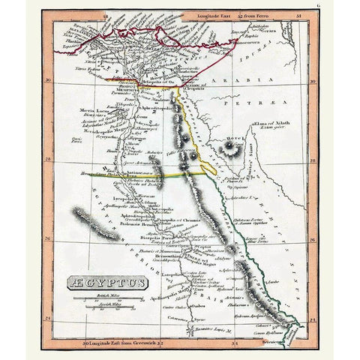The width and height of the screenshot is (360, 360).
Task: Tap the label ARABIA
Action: click(229, 77)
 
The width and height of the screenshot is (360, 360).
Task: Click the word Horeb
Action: click(233, 139)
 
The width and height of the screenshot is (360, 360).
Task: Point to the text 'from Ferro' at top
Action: click(256, 14)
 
